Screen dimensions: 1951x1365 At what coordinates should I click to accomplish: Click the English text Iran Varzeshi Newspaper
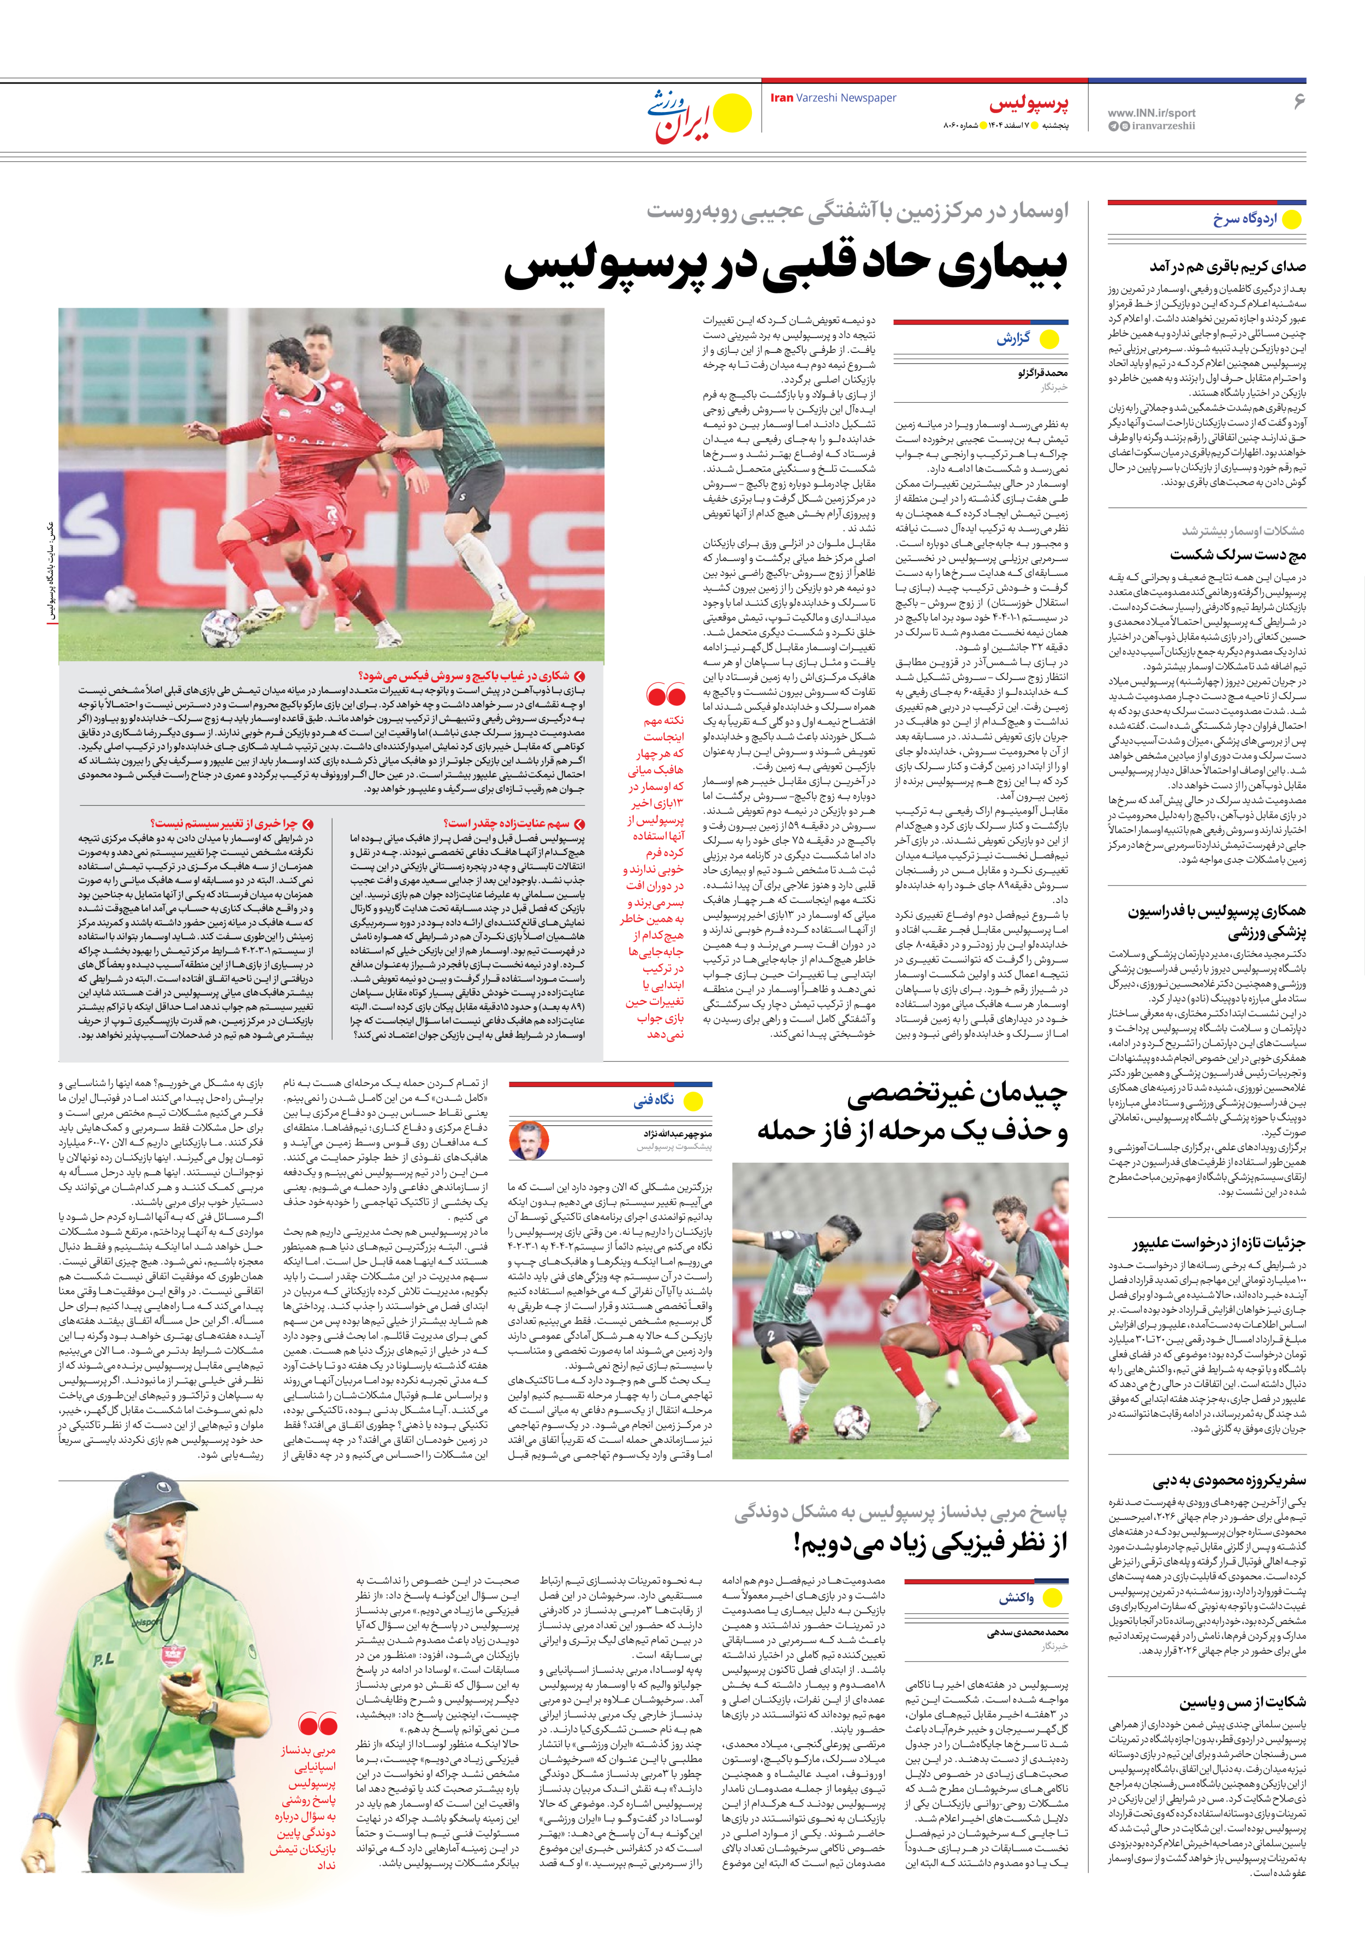click(x=833, y=98)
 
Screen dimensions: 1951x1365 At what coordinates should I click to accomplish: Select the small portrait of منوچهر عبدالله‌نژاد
click(x=529, y=1140)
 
